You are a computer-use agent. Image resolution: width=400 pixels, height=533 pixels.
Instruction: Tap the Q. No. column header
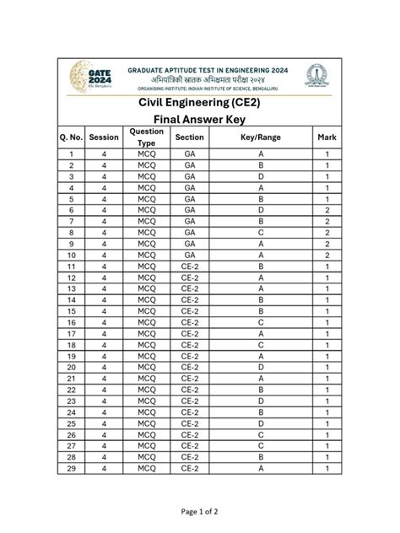click(x=71, y=137)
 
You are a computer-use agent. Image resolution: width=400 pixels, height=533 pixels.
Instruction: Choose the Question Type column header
click(x=147, y=137)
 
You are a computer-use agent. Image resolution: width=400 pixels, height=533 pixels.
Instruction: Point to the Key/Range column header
click(x=261, y=137)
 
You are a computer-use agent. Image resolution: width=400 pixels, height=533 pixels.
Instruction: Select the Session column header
click(x=104, y=137)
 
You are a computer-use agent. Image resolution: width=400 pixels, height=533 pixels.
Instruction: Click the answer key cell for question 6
click(x=261, y=209)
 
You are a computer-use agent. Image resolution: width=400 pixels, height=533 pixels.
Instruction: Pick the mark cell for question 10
click(x=327, y=255)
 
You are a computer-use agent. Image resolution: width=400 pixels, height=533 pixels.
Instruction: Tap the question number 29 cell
click(x=71, y=468)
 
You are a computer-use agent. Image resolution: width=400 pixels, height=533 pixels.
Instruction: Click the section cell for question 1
click(x=190, y=154)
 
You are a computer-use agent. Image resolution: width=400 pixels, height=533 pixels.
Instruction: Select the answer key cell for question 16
click(x=261, y=322)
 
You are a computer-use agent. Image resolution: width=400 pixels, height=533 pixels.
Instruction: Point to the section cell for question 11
click(x=190, y=266)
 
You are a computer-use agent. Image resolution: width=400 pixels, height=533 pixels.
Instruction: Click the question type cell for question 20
click(x=147, y=367)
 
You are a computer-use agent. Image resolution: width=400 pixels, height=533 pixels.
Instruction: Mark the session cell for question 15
click(x=104, y=311)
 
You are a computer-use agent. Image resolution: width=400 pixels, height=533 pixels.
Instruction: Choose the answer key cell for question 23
click(x=261, y=401)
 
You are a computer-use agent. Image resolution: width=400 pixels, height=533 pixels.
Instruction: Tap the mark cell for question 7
click(x=327, y=221)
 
